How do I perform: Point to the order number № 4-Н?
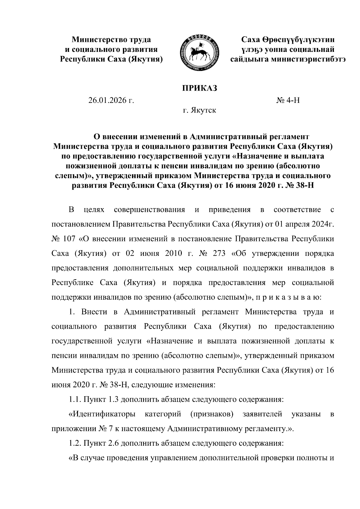[288, 100]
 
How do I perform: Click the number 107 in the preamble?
[71, 239]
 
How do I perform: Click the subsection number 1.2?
[75, 444]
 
